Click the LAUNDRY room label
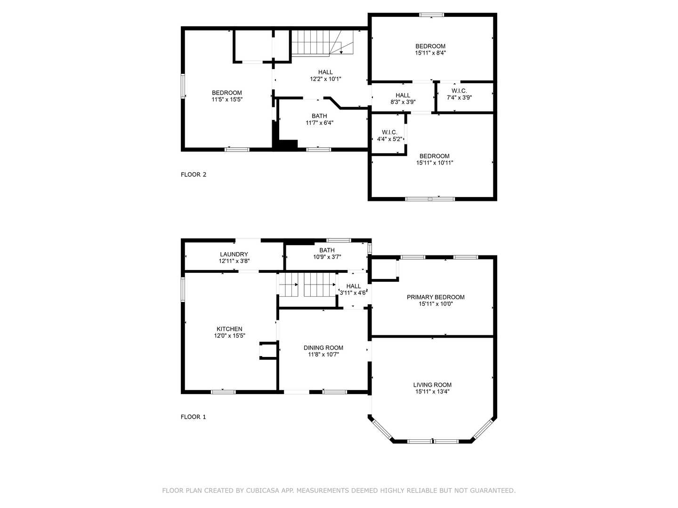(x=234, y=254)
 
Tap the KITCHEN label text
(x=229, y=329)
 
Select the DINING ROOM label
(x=323, y=348)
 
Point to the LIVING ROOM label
(x=432, y=385)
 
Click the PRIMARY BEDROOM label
(x=436, y=297)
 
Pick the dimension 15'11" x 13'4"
(x=432, y=391)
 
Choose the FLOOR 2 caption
(x=194, y=175)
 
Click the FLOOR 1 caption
(x=194, y=417)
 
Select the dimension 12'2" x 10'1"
(x=325, y=79)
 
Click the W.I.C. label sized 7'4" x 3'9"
(x=459, y=91)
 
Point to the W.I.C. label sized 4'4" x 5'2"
(x=389, y=133)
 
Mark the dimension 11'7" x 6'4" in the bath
(x=319, y=123)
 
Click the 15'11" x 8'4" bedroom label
(x=430, y=46)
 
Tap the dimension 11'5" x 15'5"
(x=226, y=100)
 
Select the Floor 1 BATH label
(x=327, y=250)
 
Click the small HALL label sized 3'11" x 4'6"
(x=353, y=286)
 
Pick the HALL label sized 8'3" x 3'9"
(x=403, y=95)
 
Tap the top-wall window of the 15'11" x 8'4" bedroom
(x=432, y=15)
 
